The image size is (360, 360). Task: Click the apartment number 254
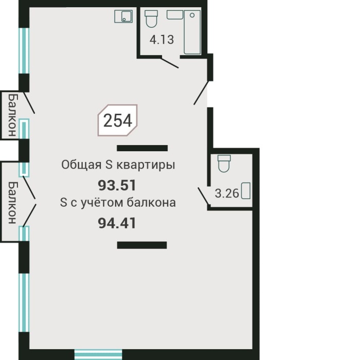click(x=118, y=120)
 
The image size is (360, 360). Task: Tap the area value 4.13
click(x=161, y=40)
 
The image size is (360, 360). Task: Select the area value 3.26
click(x=226, y=193)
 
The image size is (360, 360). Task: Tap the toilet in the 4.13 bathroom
click(x=151, y=20)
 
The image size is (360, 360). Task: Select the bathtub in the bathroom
click(x=192, y=32)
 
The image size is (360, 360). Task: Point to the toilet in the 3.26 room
click(x=223, y=163)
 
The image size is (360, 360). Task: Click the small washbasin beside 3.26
click(x=246, y=191)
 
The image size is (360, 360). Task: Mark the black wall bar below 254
click(x=142, y=148)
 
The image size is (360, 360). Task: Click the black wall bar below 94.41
click(x=142, y=245)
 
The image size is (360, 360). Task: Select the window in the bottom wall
click(x=98, y=354)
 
